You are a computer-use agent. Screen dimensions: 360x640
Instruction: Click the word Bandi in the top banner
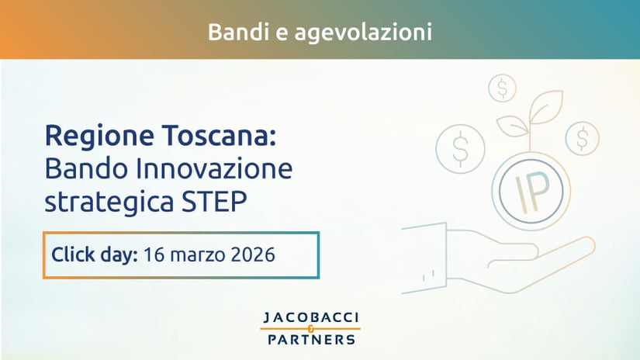(232, 33)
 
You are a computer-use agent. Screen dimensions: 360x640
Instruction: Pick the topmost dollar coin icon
(503, 88)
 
